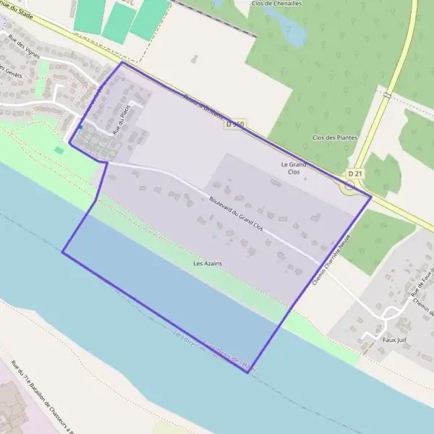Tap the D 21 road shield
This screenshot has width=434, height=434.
tap(354, 174)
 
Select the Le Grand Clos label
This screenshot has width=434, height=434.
tap(294, 169)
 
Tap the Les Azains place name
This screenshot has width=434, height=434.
tap(208, 264)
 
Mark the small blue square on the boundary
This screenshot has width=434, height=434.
tap(80, 128)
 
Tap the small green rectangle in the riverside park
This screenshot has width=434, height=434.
tap(59, 150)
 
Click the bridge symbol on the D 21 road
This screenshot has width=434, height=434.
tap(388, 95)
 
